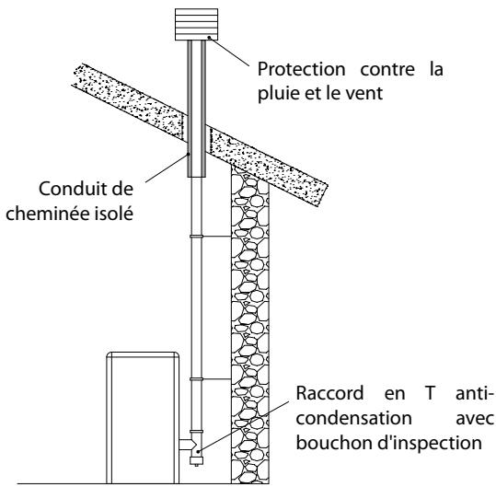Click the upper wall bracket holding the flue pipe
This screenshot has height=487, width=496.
pos(213,237)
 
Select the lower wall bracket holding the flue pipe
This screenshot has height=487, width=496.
pos(213,379)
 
